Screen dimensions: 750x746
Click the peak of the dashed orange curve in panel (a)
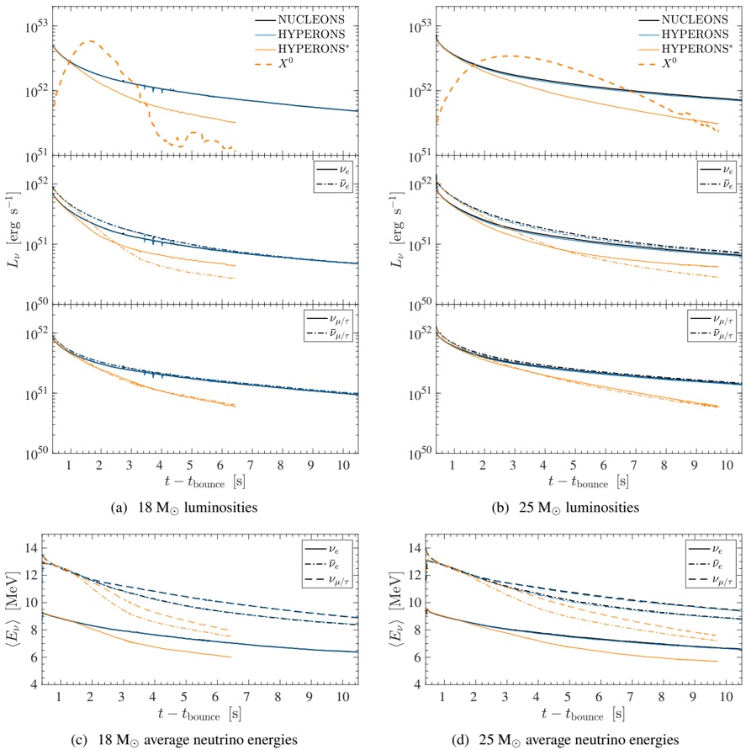point(89,40)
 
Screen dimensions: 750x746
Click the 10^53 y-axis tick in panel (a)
point(33,27)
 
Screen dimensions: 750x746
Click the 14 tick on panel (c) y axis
point(38,548)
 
